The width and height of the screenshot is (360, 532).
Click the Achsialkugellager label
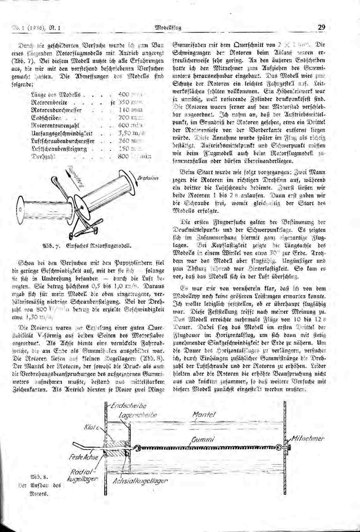pyautogui.click(x=140, y=481)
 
